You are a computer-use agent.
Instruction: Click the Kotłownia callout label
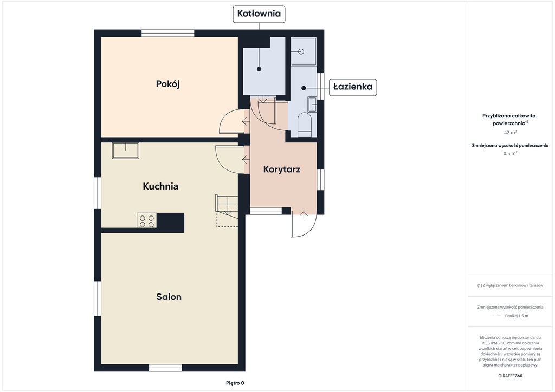tap(259, 14)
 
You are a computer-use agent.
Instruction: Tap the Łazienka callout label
tap(353, 87)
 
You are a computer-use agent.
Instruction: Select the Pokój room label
tap(168, 84)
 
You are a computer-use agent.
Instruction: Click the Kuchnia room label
tap(160, 186)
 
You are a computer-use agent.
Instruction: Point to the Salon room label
tap(169, 297)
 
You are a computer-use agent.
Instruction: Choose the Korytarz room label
tap(282, 169)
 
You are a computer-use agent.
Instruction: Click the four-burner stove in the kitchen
tap(147, 221)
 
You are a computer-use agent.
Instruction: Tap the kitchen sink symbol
tap(126, 151)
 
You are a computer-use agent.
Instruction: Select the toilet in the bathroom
tap(305, 125)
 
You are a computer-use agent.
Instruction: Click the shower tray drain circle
tap(301, 51)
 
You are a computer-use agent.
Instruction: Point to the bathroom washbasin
tap(312, 104)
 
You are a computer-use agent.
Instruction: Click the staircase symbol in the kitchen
tap(227, 210)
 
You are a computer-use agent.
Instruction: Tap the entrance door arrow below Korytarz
tap(304, 215)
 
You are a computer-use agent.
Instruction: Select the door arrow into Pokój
tap(246, 122)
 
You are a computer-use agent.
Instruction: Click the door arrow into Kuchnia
tap(246, 160)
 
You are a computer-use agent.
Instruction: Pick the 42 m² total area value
tap(510, 133)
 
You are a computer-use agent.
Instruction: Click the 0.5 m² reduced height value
tap(510, 153)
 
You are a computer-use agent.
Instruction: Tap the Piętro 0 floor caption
tap(235, 383)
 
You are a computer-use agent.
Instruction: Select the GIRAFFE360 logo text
tap(510, 376)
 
